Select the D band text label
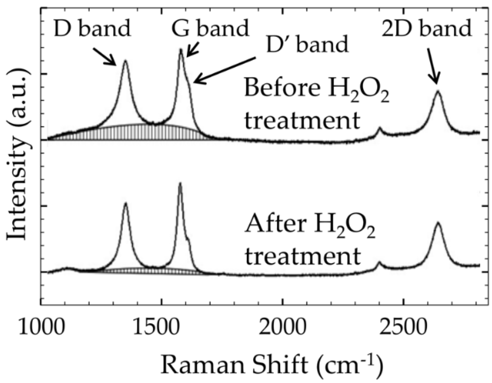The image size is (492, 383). tap(92, 28)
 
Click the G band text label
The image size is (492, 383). tap(210, 28)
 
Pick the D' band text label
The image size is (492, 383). tap(307, 44)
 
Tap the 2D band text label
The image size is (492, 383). tap(427, 28)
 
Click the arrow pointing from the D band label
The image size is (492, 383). tap(105, 56)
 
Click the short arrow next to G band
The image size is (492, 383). tap(192, 50)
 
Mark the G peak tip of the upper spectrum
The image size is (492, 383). tap(181, 50)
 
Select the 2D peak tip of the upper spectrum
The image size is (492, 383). tap(438, 91)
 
